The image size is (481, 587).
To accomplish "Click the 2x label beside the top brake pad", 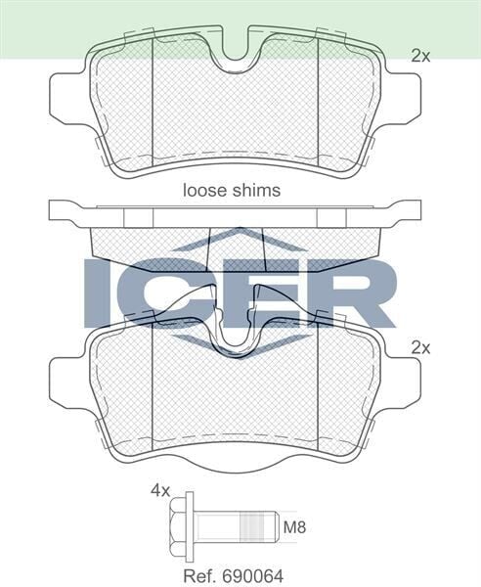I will (420, 57).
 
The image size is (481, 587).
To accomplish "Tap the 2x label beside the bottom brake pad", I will (420, 347).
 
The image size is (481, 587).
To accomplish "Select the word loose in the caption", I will (204, 191).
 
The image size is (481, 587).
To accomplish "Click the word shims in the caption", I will (254, 191).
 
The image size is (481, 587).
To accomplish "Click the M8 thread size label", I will (294, 528).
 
